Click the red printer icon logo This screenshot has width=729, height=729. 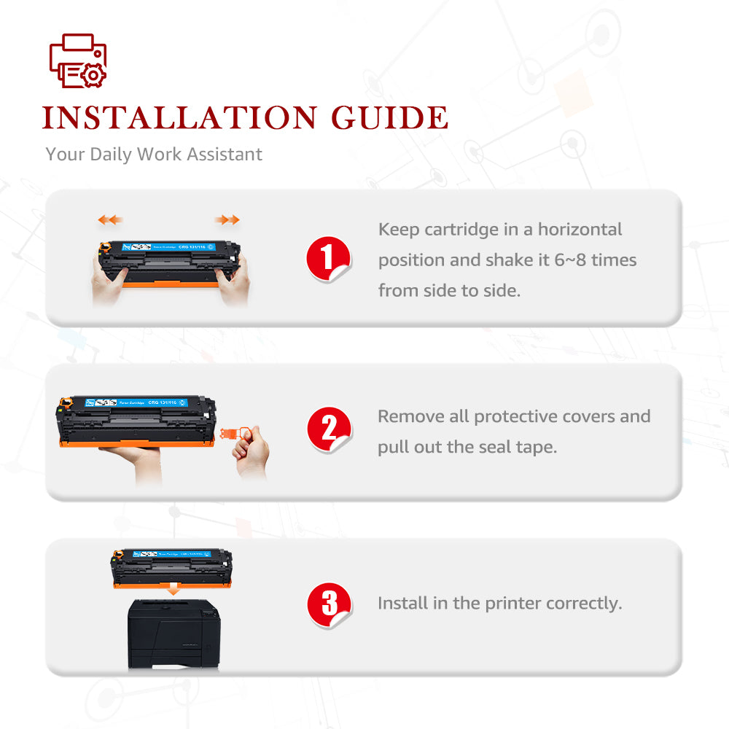click(x=77, y=62)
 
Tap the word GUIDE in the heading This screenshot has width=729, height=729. click(x=389, y=118)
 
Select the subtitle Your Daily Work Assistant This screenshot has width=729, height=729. click(x=154, y=155)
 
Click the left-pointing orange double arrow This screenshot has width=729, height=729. click(x=111, y=219)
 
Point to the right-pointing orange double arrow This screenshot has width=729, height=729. click(x=227, y=219)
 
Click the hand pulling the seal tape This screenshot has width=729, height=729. click(x=252, y=453)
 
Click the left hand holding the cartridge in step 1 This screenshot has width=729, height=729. click(x=109, y=281)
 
